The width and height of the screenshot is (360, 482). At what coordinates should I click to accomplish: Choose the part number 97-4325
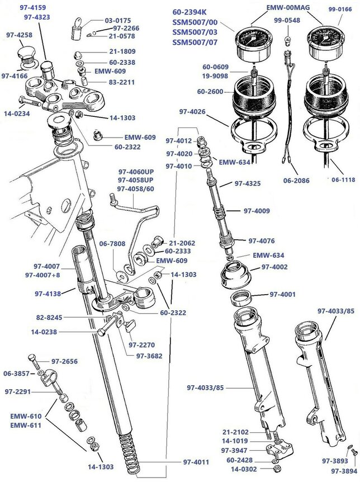(x=248, y=183)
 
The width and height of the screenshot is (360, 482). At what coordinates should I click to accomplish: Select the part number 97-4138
(x=48, y=292)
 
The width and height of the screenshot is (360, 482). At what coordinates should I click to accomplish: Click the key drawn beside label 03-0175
(x=77, y=26)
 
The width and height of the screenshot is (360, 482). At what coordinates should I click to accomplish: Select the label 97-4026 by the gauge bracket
(x=193, y=112)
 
